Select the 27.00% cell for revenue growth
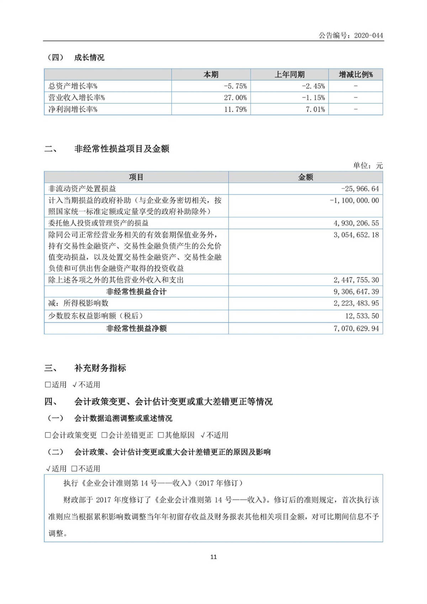[235, 98]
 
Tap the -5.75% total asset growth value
[235, 86]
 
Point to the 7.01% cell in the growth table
[315, 109]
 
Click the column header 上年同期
[289, 74]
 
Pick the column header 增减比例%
[355, 74]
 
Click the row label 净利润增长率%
[73, 109]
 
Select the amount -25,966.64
[360, 189]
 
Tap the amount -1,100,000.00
[354, 200]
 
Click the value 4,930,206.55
[356, 223]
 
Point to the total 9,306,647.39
[356, 292]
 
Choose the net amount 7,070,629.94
[356, 328]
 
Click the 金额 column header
[305, 177]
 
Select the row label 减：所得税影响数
[78, 303]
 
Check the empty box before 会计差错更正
[104, 435]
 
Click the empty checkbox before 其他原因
[160, 435]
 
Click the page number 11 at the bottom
[213, 557]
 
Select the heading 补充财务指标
[100, 368]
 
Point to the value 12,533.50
[362, 316]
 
